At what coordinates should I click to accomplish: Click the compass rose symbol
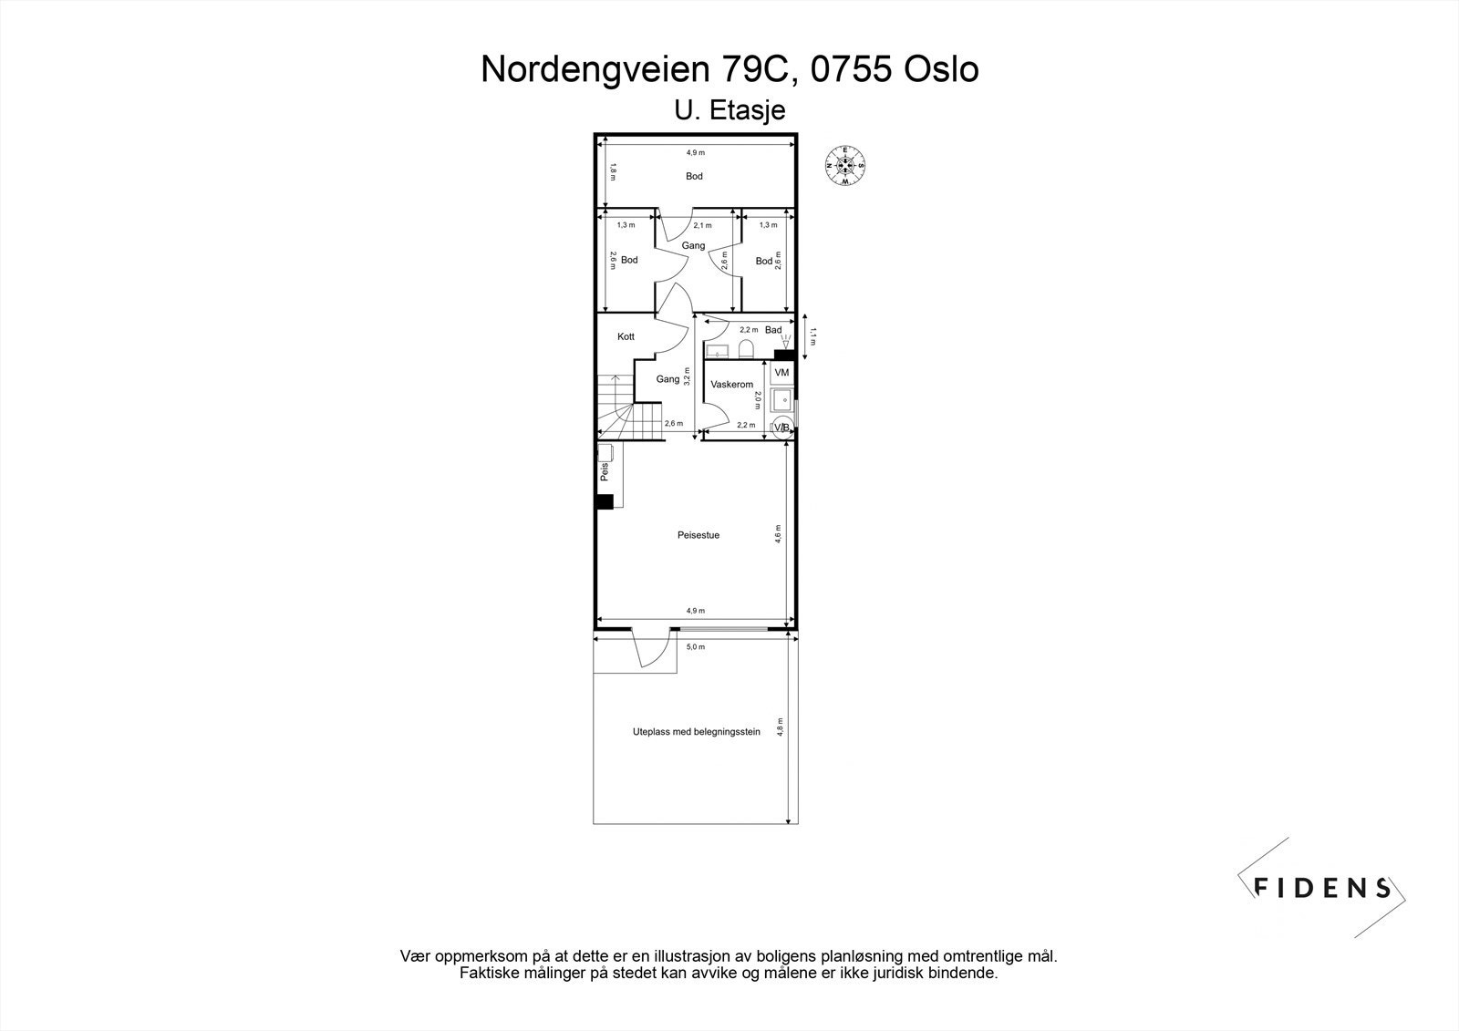coord(845,165)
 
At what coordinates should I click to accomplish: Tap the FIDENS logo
coord(1321,887)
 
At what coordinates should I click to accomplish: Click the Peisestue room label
coord(698,535)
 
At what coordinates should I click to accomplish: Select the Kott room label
coord(626,336)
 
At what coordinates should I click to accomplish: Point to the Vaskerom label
coord(731,385)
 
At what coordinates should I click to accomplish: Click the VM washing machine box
coord(781,373)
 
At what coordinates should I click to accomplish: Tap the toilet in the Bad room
coord(744,350)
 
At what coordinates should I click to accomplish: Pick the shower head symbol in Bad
coord(783,340)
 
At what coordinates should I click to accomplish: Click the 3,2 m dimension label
coord(687,376)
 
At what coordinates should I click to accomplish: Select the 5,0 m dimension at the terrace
coord(695,647)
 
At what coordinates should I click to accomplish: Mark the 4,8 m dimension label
coord(780,729)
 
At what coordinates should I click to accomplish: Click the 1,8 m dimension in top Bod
coord(613,170)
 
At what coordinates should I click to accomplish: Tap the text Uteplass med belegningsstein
coord(696,731)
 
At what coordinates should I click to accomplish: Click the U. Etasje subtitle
coord(729,110)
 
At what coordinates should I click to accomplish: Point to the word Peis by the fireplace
coord(604,472)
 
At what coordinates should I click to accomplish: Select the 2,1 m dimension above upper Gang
coord(702,225)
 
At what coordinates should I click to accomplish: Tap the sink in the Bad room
coord(718,351)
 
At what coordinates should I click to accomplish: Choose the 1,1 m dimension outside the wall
coord(813,337)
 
